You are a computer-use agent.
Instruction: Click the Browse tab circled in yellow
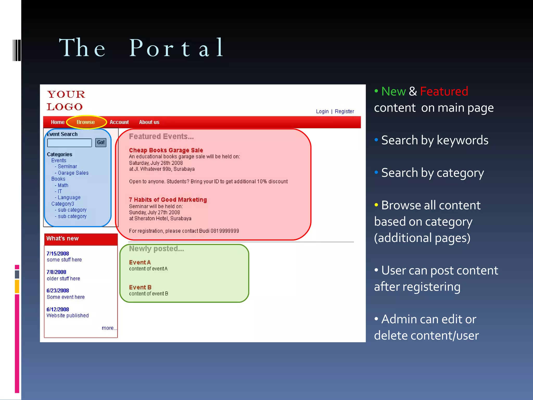coord(86,122)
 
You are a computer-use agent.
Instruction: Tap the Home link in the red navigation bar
coord(58,122)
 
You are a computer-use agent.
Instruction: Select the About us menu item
coord(149,122)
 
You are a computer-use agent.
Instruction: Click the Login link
coord(322,111)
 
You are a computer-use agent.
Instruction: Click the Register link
coord(344,111)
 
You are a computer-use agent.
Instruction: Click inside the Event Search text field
coord(69,143)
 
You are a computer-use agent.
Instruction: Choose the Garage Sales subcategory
coord(73,173)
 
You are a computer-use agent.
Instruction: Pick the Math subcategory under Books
coord(63,185)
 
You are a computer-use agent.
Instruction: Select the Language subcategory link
coord(69,197)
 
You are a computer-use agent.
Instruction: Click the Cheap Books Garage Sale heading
coord(166,150)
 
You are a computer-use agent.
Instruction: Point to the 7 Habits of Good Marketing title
coord(168,200)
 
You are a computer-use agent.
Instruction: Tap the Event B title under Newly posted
coord(140,287)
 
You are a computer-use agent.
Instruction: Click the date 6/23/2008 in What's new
coord(58,291)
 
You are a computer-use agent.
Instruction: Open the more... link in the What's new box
coord(109,328)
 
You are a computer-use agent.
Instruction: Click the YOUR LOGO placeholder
coord(66,101)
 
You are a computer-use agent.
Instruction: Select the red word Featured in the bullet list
coord(444,91)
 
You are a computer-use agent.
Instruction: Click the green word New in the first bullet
coord(393,91)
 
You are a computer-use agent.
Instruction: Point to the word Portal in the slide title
coord(176,48)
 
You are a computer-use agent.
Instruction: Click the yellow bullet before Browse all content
coord(376,205)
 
